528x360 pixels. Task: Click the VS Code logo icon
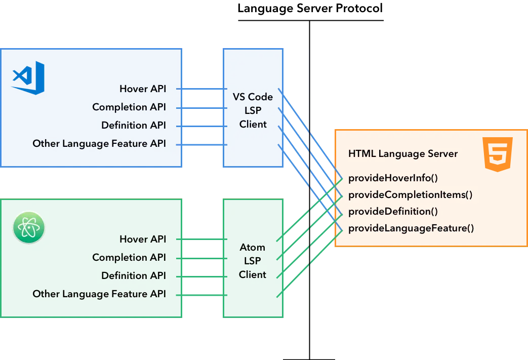tap(28, 78)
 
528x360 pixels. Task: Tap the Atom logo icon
tap(29, 227)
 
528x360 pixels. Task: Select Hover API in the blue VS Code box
tap(142, 89)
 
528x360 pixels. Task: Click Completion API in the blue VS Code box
tap(129, 107)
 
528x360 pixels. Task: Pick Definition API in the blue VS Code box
tap(133, 125)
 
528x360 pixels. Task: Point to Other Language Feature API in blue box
tap(99, 143)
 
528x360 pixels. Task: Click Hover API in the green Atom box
tap(142, 239)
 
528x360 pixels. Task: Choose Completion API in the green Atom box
tap(129, 257)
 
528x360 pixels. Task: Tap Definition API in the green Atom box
tap(133, 275)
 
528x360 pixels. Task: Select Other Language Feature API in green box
tap(99, 294)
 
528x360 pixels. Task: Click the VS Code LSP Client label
tap(253, 110)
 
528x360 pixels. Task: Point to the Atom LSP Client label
tap(252, 261)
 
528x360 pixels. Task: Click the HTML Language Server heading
tap(402, 153)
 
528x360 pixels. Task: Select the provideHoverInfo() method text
tap(393, 178)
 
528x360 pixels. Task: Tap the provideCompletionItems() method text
tap(410, 195)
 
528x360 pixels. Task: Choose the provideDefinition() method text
tap(393, 211)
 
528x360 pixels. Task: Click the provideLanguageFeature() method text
tap(411, 228)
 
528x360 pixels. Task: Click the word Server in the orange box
tap(442, 153)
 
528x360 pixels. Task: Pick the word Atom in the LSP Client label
tap(252, 248)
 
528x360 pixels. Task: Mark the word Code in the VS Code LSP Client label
tap(261, 97)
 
